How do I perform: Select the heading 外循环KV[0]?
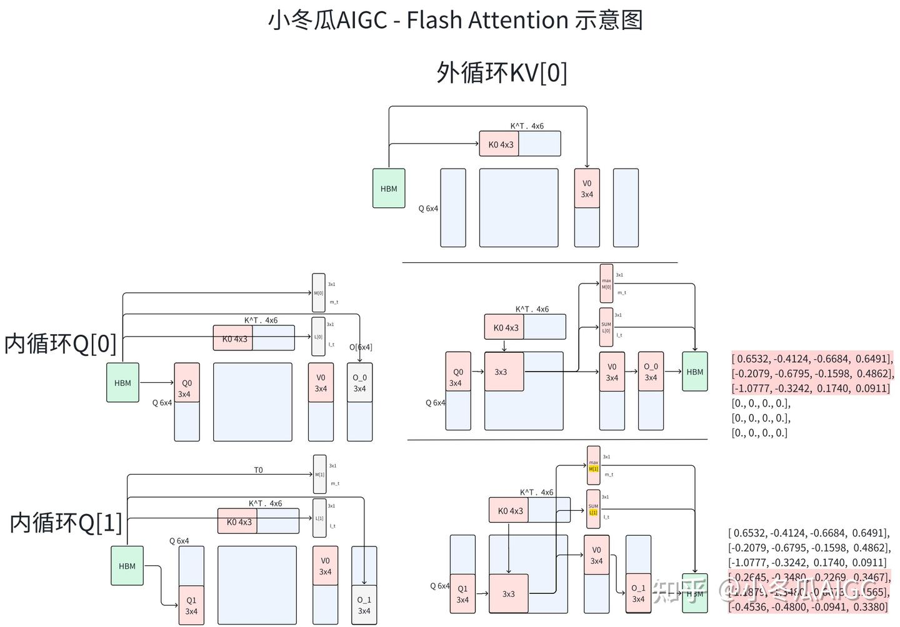point(502,72)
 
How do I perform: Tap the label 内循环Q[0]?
point(60,343)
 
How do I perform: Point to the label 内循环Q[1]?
point(66,522)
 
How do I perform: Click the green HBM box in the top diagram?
point(389,189)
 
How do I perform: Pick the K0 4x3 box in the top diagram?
point(499,144)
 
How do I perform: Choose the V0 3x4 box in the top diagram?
point(587,189)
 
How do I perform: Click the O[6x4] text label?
point(361,347)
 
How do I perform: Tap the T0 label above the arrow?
point(258,470)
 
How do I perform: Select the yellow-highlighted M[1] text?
point(594,468)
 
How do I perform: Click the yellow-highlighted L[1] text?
point(593,512)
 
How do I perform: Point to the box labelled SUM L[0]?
point(606,327)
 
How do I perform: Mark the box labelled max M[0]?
point(606,284)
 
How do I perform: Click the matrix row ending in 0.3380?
point(807,606)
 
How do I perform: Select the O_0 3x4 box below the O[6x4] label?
point(359,383)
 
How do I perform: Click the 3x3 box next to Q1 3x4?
point(509,594)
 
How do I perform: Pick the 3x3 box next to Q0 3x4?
point(504,372)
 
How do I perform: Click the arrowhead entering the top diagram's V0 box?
point(587,165)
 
